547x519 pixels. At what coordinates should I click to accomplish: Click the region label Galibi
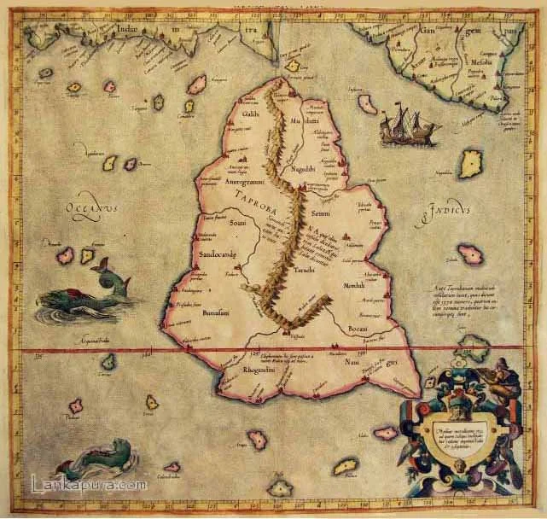click(251, 114)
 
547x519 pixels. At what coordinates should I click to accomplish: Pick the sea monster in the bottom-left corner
click(93, 462)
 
